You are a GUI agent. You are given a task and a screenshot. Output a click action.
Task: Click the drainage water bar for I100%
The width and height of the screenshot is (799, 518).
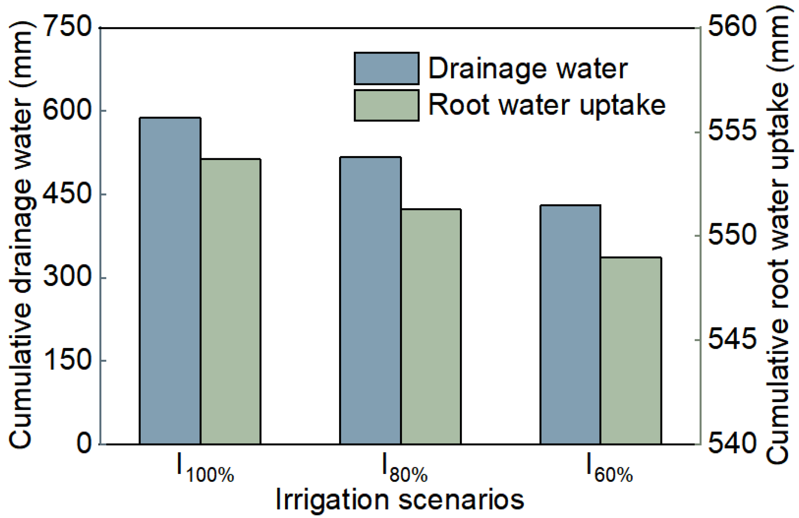click(170, 281)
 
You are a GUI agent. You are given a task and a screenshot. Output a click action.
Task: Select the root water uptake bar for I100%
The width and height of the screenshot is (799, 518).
click(231, 301)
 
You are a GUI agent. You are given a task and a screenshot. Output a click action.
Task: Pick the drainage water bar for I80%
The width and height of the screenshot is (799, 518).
click(370, 300)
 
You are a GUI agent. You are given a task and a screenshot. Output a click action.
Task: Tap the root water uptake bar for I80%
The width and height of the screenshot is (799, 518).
click(431, 326)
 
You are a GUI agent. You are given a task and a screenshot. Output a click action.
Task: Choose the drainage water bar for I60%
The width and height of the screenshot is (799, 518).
click(570, 325)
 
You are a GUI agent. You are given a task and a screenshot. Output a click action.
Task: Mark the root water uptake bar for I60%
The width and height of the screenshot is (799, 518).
click(631, 351)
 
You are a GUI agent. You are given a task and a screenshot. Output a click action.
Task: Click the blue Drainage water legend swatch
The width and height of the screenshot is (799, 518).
click(386, 68)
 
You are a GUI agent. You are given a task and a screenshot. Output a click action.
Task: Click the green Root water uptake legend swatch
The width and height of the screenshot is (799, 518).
click(386, 105)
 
